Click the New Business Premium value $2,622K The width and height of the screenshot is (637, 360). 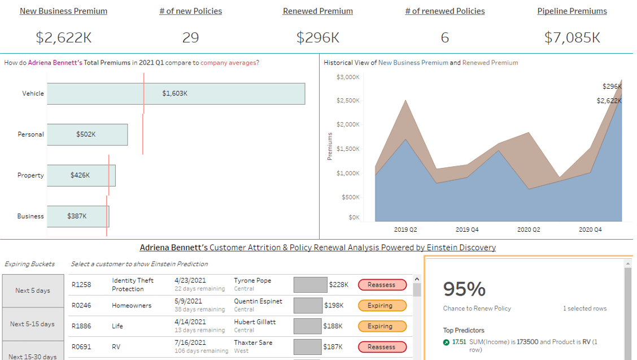(x=63, y=38)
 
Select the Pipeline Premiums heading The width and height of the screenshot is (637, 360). (x=571, y=11)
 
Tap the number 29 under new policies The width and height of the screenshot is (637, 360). (x=190, y=38)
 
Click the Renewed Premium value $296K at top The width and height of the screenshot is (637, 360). (x=317, y=38)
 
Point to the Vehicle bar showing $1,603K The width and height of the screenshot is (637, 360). (x=176, y=94)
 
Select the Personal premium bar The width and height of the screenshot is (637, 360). (x=87, y=135)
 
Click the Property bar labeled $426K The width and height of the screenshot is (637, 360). (x=81, y=175)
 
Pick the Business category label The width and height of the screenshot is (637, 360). (x=30, y=216)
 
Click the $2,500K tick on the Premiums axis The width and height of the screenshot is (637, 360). (x=348, y=101)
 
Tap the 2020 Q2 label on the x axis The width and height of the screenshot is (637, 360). (x=529, y=230)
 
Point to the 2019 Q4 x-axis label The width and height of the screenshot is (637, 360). (x=467, y=230)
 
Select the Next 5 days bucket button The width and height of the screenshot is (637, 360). (x=33, y=290)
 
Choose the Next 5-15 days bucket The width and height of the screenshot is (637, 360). (x=33, y=324)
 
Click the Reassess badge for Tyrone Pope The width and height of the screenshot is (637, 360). (x=382, y=285)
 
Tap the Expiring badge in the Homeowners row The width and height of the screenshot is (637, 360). (x=382, y=306)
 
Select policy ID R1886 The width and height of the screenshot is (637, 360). (x=81, y=326)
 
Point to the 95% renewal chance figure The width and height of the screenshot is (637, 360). (x=464, y=289)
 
